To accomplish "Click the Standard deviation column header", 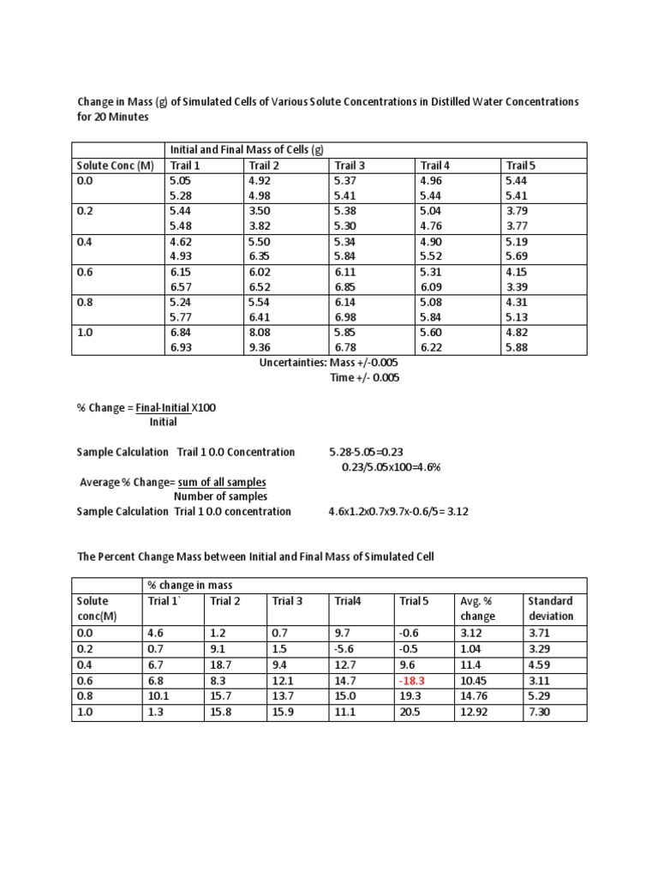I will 550,609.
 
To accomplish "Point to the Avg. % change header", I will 477,609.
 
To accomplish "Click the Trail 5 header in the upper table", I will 520,165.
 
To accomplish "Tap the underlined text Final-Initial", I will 163,407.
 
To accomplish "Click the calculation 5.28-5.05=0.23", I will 366,452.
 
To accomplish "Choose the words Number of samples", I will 220,496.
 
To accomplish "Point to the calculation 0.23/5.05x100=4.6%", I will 392,466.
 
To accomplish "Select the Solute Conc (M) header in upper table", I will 114,165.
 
